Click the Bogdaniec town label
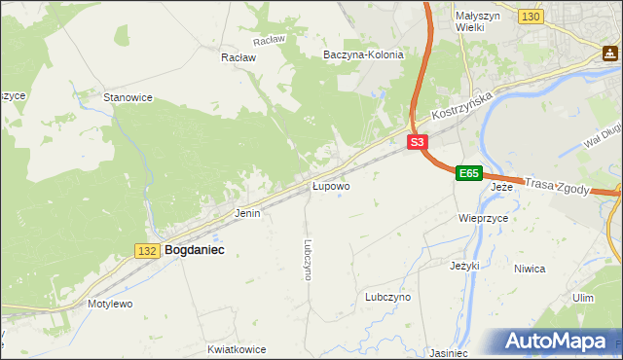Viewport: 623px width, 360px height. tap(195, 250)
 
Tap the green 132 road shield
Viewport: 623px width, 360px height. tap(147, 251)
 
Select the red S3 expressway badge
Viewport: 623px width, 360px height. tap(417, 142)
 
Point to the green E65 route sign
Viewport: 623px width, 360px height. tap(468, 173)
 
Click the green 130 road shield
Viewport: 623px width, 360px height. tap(531, 18)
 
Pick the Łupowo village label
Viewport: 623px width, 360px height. tap(331, 185)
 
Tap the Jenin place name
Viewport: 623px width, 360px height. tap(247, 212)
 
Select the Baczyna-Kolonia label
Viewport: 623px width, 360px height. tap(363, 55)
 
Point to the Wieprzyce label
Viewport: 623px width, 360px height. tap(484, 219)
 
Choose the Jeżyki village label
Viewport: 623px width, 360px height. tap(465, 265)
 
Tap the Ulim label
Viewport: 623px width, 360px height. tap(583, 298)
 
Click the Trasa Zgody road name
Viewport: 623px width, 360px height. tap(557, 186)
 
